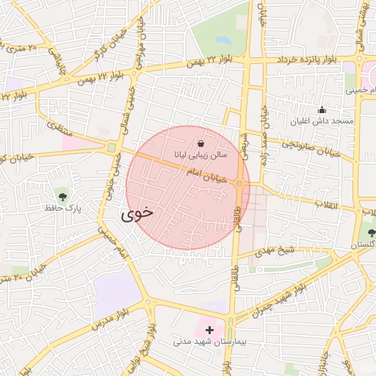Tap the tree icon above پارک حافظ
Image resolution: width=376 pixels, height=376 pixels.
pyautogui.click(x=63, y=196)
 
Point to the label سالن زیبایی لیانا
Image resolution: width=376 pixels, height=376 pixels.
pyautogui.click(x=200, y=155)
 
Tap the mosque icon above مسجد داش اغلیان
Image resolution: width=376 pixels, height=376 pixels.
pyautogui.click(x=322, y=109)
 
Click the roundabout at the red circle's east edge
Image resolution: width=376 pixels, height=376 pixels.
pyautogui.click(x=240, y=183)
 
